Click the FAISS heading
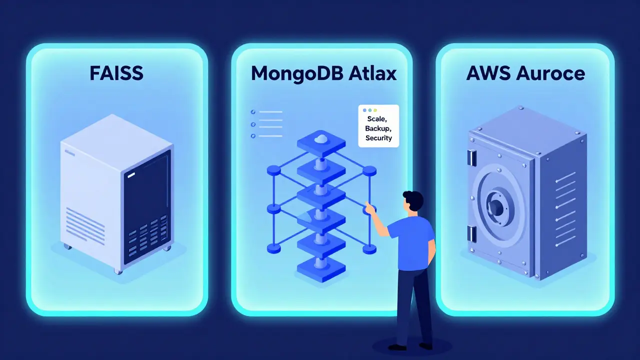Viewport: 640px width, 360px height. click(116, 73)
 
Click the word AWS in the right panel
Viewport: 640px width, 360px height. click(486, 73)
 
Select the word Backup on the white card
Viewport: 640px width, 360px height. click(379, 128)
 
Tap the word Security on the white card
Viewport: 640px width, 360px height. click(379, 137)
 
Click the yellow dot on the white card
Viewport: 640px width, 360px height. click(375, 110)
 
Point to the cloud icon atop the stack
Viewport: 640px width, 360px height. click(321, 138)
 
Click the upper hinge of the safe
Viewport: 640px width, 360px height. click(471, 158)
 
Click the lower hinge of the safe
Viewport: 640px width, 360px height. click(471, 233)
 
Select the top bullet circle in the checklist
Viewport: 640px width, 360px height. click(253, 112)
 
